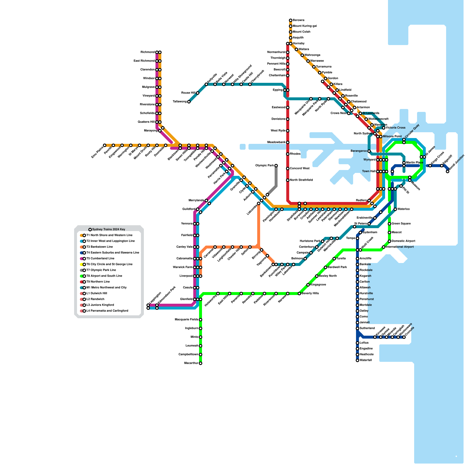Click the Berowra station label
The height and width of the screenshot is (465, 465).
[298, 20]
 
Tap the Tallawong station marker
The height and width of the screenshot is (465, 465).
[189, 102]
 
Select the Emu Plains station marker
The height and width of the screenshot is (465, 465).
[105, 145]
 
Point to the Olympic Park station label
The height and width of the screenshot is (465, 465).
[264, 166]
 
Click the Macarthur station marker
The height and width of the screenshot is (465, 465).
[201, 363]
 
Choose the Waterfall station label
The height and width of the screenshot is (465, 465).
[366, 360]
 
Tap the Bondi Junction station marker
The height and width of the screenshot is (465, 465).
[448, 171]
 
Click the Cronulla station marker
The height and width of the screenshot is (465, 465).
[404, 337]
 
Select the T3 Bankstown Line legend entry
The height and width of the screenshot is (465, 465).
[99, 247]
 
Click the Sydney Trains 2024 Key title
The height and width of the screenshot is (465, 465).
[108, 230]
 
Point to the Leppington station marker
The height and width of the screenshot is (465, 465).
[148, 305]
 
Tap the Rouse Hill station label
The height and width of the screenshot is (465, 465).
[188, 93]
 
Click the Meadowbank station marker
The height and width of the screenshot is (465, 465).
[288, 142]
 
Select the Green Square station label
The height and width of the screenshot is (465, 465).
[401, 224]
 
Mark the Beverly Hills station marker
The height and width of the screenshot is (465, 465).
[299, 294]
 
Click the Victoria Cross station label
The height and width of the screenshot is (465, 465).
[396, 128]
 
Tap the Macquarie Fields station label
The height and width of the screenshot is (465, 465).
[187, 320]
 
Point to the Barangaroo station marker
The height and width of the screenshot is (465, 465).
[369, 151]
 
